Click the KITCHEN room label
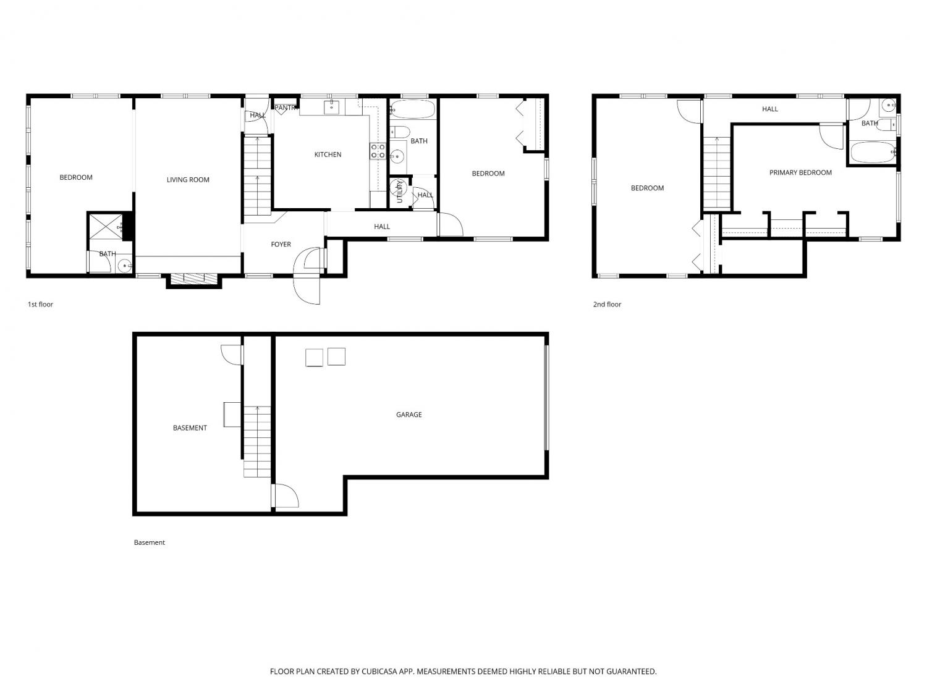(328, 154)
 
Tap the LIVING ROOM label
(188, 180)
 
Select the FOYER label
(281, 244)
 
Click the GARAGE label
(409, 415)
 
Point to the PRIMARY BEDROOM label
(800, 172)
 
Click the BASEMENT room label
(190, 428)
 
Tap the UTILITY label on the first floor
(399, 192)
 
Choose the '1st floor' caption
(41, 304)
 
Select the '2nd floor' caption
(607, 304)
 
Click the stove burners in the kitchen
(378, 151)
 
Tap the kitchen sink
(332, 107)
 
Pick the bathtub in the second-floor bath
(873, 153)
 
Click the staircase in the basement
(256, 442)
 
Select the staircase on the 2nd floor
(717, 172)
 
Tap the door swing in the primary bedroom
(831, 137)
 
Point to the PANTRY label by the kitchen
(286, 108)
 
